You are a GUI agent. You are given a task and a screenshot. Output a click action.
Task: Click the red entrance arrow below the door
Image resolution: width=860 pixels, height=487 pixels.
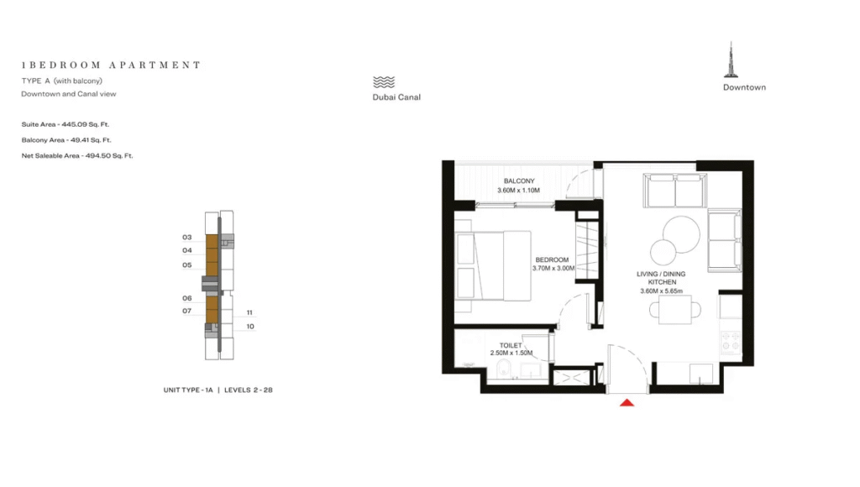(627, 402)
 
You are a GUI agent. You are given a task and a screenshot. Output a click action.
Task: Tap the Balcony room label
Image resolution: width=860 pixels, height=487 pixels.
(519, 181)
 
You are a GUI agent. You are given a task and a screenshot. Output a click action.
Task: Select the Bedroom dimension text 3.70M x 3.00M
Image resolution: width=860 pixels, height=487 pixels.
(553, 269)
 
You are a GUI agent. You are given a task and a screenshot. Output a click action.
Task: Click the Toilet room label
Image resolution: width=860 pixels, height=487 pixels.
(511, 345)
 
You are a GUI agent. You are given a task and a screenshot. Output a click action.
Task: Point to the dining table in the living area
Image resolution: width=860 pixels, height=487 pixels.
(675, 310)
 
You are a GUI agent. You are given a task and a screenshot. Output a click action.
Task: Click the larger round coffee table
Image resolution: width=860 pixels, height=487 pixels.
(681, 235)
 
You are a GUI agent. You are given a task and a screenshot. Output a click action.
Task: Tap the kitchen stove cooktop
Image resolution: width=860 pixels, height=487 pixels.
(730, 343)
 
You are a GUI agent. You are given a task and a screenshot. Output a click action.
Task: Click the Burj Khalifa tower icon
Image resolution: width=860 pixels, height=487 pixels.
(731, 60)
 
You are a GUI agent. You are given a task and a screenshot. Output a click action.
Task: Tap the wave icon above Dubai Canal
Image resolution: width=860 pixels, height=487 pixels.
(384, 82)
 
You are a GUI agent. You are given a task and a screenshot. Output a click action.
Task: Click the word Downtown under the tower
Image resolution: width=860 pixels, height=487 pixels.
(744, 87)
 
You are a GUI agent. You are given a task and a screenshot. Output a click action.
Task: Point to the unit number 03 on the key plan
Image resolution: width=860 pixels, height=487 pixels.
(187, 238)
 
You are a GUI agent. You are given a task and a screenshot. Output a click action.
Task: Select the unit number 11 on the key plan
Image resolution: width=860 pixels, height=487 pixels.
(249, 312)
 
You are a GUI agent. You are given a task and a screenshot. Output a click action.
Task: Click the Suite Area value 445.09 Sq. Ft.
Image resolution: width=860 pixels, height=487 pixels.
(86, 124)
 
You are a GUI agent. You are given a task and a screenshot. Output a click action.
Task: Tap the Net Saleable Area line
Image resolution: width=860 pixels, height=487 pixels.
(77, 155)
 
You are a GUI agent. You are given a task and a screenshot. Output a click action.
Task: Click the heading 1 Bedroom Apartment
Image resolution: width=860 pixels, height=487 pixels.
(112, 65)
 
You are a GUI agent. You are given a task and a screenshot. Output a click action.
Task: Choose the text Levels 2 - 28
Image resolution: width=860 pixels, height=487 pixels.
(249, 390)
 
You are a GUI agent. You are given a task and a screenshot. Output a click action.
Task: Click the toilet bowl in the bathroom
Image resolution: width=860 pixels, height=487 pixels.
(504, 370)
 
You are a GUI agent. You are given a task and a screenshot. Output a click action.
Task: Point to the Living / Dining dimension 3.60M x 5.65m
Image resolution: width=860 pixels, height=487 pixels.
(662, 291)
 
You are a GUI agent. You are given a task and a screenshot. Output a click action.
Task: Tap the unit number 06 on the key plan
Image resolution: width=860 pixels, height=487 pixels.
(187, 298)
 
